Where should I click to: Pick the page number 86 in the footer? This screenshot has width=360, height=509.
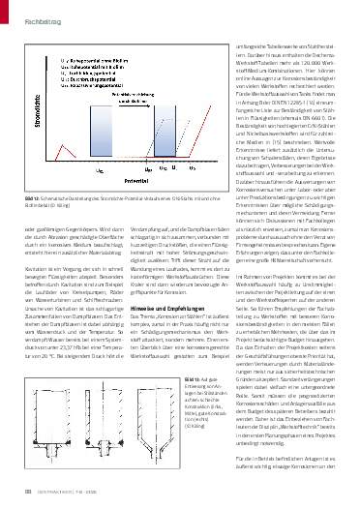[x=16, y=498]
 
